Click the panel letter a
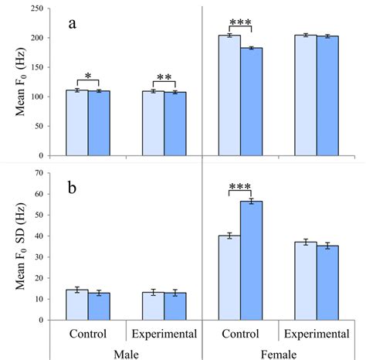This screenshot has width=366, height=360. click(72, 24)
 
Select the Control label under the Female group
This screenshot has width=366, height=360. click(240, 334)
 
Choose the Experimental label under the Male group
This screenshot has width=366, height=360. click(164, 334)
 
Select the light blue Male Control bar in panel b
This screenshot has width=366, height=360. click(76, 304)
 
